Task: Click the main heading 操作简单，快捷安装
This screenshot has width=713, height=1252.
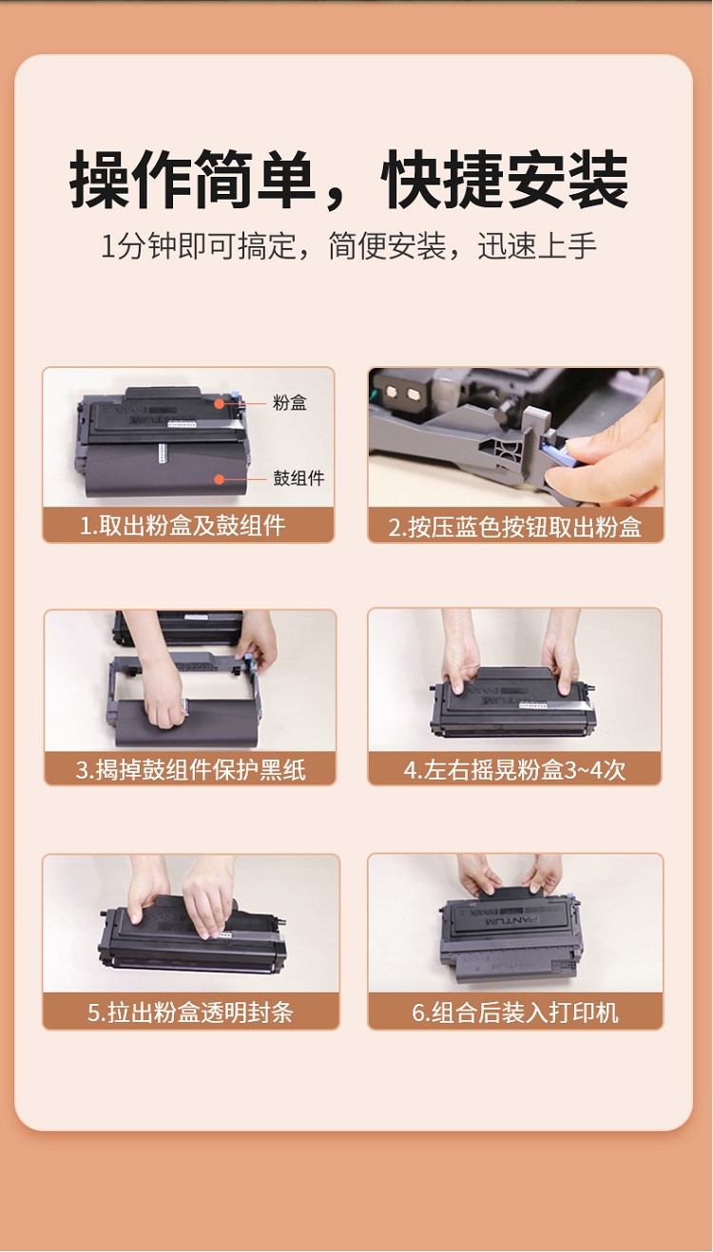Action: coord(349,180)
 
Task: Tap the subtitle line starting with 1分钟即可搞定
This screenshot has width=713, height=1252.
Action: coord(349,245)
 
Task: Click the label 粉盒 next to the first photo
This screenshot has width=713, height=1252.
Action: coord(289,402)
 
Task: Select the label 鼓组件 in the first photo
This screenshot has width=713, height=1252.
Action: coord(299,478)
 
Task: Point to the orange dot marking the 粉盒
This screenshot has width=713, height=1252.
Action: coord(221,403)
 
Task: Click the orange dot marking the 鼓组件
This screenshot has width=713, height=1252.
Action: coord(220,479)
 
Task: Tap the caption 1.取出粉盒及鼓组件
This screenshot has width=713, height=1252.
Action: coord(183,526)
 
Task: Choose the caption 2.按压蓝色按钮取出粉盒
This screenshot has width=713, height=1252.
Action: coord(515,527)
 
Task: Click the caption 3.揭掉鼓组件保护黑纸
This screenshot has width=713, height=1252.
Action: coord(190,770)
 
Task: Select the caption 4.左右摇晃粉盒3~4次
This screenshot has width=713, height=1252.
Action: coord(514,770)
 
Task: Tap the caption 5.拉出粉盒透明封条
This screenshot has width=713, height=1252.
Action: coord(190,1012)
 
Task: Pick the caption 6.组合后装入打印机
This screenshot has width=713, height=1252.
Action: coord(515,1012)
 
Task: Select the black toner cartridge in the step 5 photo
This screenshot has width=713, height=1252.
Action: coord(193,934)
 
